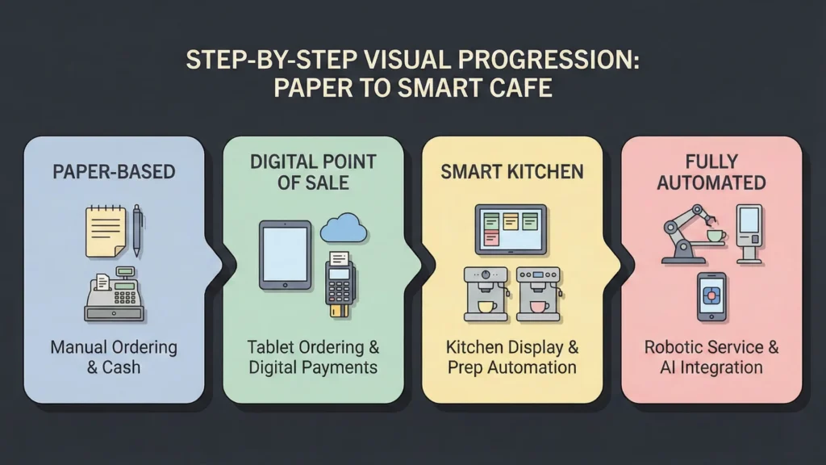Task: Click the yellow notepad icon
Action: pyautogui.click(x=105, y=231)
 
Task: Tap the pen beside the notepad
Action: pyautogui.click(x=136, y=229)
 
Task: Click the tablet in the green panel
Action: pyautogui.click(x=285, y=255)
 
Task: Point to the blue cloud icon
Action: pyautogui.click(x=343, y=228)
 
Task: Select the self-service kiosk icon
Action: pyautogui.click(x=749, y=232)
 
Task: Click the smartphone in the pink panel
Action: pyautogui.click(x=711, y=296)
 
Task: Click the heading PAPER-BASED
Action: pyautogui.click(x=114, y=172)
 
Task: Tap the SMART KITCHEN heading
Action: pyautogui.click(x=511, y=172)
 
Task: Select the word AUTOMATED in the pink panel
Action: pyautogui.click(x=711, y=183)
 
